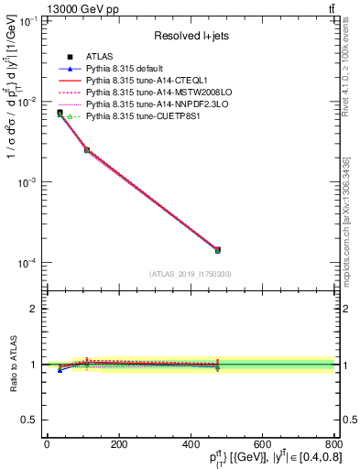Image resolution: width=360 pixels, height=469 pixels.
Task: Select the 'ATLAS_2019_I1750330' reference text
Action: [x=189, y=274]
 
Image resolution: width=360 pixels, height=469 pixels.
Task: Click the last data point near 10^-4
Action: [x=217, y=249]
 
